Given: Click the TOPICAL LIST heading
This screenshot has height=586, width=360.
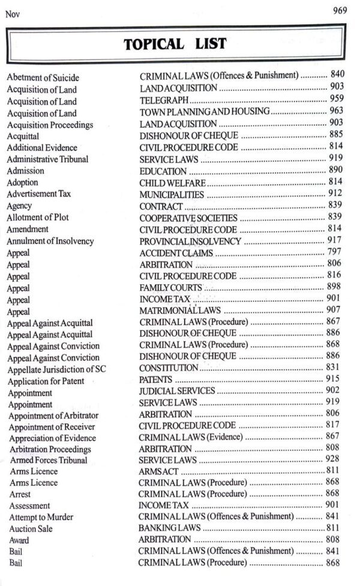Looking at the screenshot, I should (175, 44).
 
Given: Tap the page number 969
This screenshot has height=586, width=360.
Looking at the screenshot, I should (341, 11).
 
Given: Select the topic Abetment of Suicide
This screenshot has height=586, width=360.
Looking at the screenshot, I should (43, 77).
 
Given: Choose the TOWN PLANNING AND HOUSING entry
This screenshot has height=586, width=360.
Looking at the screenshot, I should (204, 112).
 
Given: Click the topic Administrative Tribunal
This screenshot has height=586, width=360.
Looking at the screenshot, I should (47, 159).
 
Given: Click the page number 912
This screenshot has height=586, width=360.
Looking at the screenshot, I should (335, 193).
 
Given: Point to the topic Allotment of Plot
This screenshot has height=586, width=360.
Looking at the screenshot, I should (38, 217).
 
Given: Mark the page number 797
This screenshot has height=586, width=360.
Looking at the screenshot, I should (335, 252).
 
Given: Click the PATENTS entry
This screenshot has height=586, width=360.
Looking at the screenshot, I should (155, 380).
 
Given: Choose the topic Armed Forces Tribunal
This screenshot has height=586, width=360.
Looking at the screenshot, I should (48, 460).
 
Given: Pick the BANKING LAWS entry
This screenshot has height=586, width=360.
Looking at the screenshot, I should (169, 528).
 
